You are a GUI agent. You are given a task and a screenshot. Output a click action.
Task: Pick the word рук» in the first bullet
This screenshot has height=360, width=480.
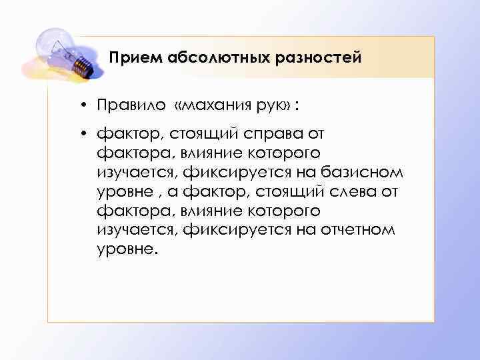[x=273, y=107]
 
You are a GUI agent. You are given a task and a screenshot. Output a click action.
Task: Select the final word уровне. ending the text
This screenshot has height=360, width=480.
[x=129, y=250]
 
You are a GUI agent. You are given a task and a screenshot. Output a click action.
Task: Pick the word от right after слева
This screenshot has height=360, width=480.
[x=392, y=192]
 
